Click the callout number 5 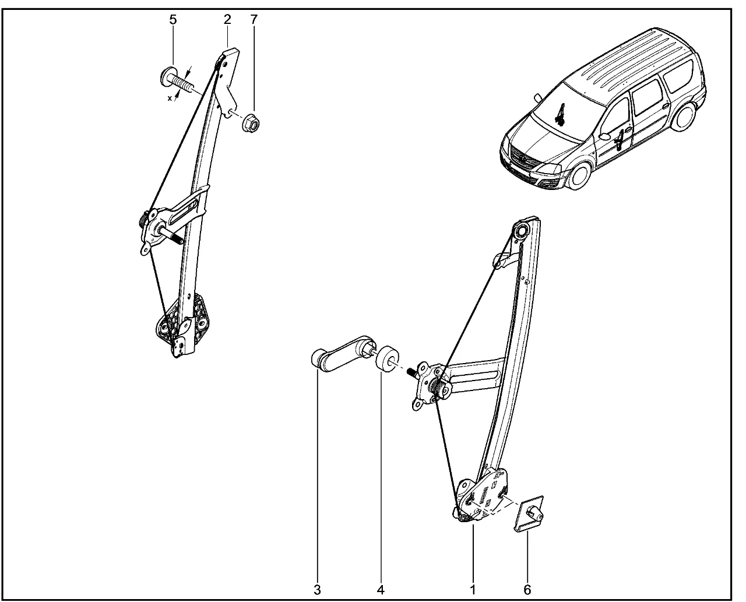point(173,20)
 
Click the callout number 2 point(228,19)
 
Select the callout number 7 point(254,19)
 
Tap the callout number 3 point(317,590)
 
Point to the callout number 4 point(381,590)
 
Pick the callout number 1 point(473,590)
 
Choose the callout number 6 point(527,590)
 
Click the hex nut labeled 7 point(251,122)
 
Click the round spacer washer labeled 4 point(387,359)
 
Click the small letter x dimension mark point(170,98)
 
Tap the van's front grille point(523,159)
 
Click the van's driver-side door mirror point(605,136)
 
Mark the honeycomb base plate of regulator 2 point(183,319)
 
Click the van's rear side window point(678,76)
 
